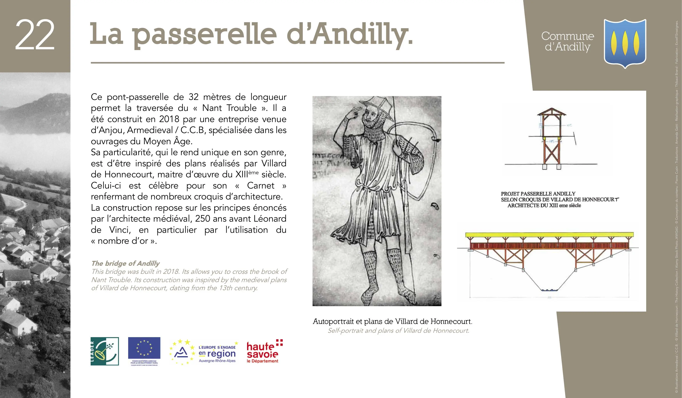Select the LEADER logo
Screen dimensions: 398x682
[x=105, y=351]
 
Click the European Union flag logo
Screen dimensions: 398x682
[x=144, y=351]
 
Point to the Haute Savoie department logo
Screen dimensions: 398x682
[x=264, y=351]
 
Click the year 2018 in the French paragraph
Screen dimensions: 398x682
[x=169, y=119]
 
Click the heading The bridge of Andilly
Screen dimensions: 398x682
[x=125, y=263]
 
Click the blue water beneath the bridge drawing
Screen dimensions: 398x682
[x=549, y=290]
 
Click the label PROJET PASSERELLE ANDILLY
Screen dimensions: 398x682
[x=538, y=194]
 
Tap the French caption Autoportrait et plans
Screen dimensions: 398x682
[x=392, y=321]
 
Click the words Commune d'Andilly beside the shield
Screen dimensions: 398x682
[x=567, y=41]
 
